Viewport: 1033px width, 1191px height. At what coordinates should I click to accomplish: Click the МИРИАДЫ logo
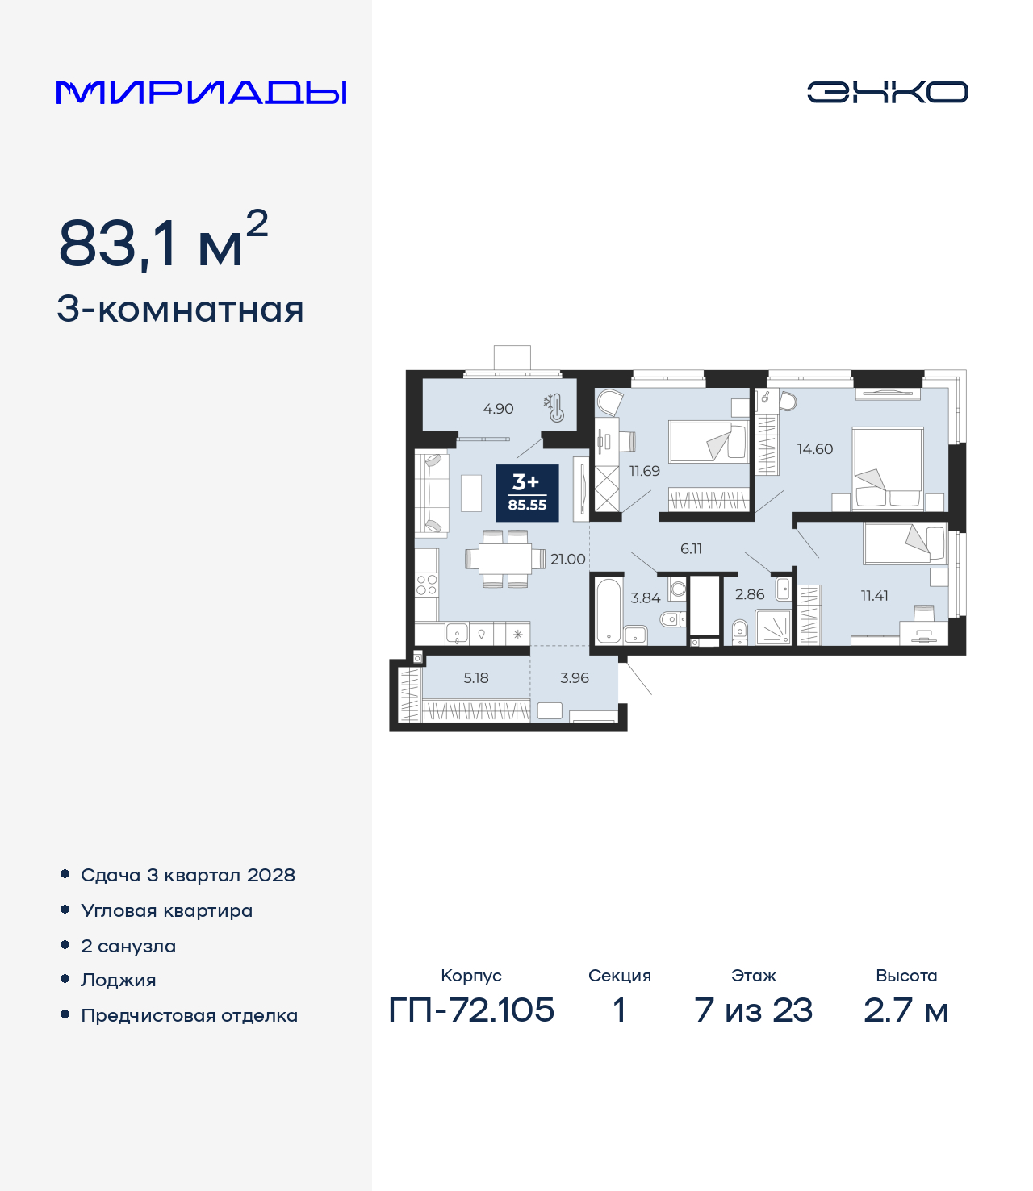pyautogui.click(x=201, y=92)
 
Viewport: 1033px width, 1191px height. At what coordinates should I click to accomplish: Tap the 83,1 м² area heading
pyautogui.click(x=163, y=240)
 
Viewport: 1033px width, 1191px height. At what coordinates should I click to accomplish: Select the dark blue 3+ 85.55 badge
pyautogui.click(x=527, y=493)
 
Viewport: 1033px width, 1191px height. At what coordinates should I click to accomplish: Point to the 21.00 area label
pyautogui.click(x=567, y=559)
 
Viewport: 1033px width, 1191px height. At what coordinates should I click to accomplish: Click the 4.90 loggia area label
pyautogui.click(x=498, y=409)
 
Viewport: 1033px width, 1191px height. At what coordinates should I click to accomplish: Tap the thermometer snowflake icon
pyautogui.click(x=554, y=408)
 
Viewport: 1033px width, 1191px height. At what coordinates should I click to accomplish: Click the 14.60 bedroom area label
pyautogui.click(x=814, y=449)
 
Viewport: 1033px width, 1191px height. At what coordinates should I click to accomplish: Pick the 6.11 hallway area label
pyautogui.click(x=691, y=548)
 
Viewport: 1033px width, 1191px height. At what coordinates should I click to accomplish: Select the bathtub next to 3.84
pyautogui.click(x=609, y=610)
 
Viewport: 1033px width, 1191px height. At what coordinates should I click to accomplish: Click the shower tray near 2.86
pyautogui.click(x=774, y=627)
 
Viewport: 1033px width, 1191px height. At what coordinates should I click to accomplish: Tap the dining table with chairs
pyautogui.click(x=506, y=559)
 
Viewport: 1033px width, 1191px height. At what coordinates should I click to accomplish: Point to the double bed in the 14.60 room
pyautogui.click(x=888, y=468)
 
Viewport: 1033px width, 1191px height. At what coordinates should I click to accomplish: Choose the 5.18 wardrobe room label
pyautogui.click(x=476, y=677)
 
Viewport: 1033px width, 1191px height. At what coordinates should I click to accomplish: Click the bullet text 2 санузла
pyautogui.click(x=128, y=946)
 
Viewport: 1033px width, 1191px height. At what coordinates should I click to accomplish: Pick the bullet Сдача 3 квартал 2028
pyautogui.click(x=188, y=875)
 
